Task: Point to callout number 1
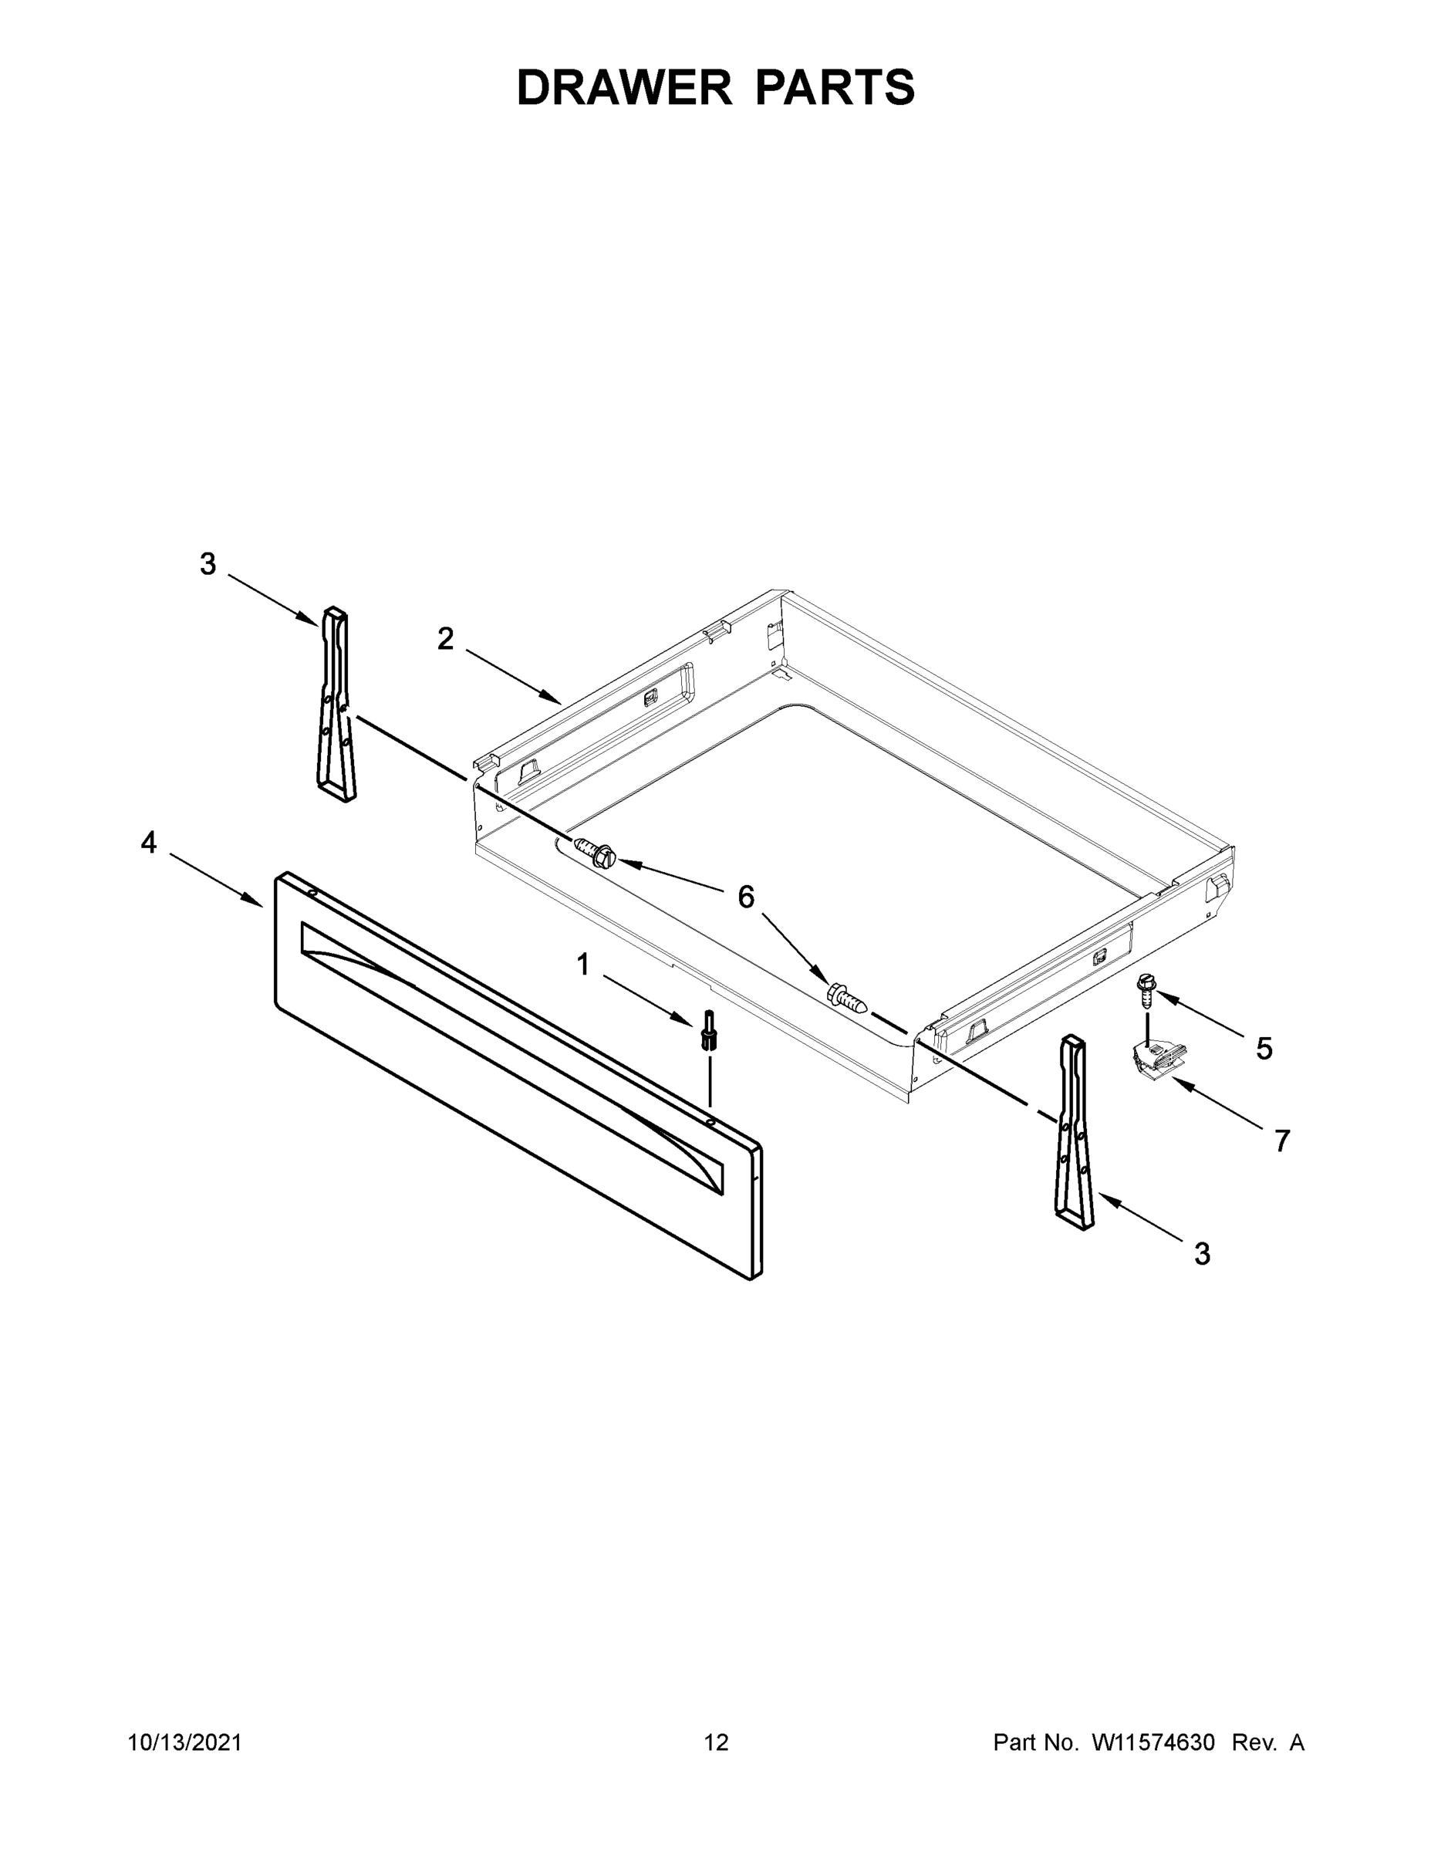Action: click(x=583, y=964)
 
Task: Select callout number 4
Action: click(x=149, y=843)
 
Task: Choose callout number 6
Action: click(x=746, y=897)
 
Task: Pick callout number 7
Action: click(x=1283, y=1141)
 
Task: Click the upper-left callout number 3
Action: click(x=208, y=564)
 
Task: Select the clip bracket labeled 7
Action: click(x=1154, y=1060)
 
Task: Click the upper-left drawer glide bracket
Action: click(x=336, y=704)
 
